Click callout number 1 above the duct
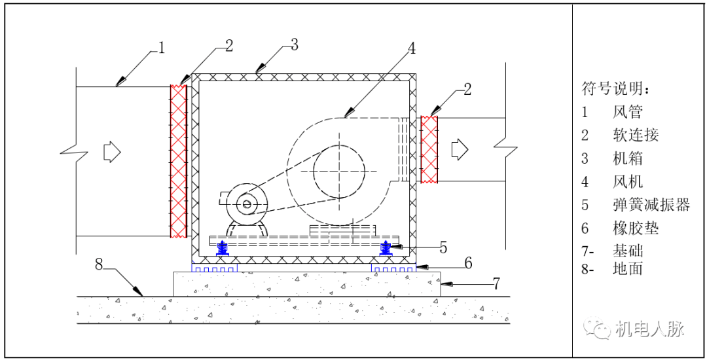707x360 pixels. click(x=161, y=48)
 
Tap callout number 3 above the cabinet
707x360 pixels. click(x=294, y=45)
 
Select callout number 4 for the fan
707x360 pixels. click(x=411, y=48)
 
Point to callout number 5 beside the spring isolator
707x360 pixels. click(x=443, y=247)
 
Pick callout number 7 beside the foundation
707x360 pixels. click(x=496, y=283)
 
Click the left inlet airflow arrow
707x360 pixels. click(x=112, y=152)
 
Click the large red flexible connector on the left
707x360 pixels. click(x=177, y=160)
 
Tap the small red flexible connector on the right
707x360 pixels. click(x=429, y=149)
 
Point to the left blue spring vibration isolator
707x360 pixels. click(x=223, y=247)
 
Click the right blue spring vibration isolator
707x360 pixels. click(x=385, y=247)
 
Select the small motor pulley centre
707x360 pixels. click(x=247, y=204)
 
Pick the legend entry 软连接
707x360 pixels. click(x=636, y=135)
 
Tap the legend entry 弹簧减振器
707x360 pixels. click(x=651, y=204)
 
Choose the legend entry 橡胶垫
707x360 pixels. click(x=636, y=228)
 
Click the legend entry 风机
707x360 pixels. click(x=628, y=181)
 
